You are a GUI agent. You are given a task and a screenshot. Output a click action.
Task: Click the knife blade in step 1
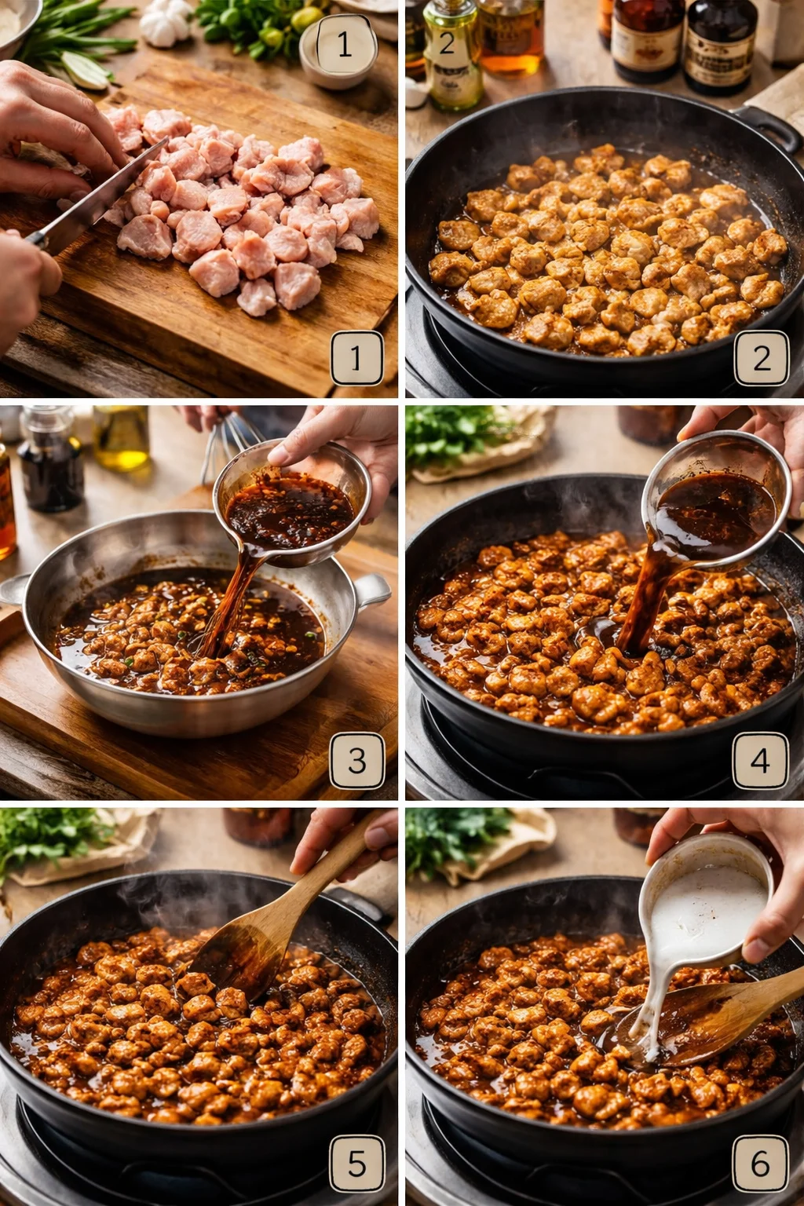point(102,192)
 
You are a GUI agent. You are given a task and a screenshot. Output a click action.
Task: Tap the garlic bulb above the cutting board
point(165,24)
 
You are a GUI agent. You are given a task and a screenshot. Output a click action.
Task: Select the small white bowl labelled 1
point(339,52)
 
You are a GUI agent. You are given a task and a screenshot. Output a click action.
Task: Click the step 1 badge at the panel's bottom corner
point(356,358)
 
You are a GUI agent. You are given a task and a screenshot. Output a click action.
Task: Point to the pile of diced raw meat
point(243,212)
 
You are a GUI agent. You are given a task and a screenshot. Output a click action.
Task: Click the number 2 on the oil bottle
point(446,44)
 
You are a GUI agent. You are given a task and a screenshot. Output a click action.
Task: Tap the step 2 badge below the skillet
point(761,358)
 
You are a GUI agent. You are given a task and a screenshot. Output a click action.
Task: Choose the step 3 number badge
point(356,760)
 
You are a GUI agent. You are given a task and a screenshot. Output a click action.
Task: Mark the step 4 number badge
point(760,760)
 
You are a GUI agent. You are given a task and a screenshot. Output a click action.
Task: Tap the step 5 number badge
point(356,1163)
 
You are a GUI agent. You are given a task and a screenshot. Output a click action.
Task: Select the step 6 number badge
point(760,1163)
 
